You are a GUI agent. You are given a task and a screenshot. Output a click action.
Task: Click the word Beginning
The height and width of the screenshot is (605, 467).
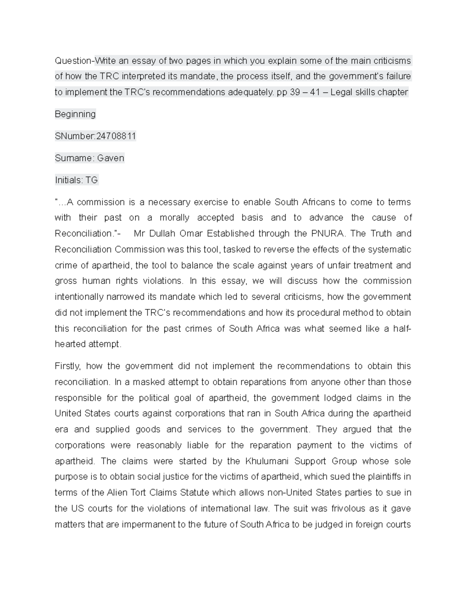pos(75,115)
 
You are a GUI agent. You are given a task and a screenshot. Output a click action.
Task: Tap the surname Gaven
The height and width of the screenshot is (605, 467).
pos(111,158)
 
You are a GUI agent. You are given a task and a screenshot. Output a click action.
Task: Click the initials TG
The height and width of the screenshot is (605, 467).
pos(91,180)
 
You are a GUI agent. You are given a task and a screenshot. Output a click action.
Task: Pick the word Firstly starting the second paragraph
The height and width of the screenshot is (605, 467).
pos(67,366)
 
